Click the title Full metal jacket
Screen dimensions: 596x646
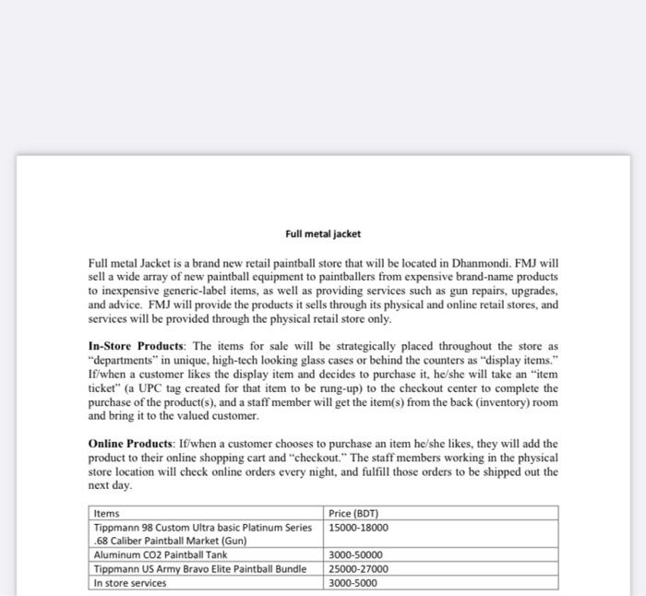322,233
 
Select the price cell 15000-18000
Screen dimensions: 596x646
358,527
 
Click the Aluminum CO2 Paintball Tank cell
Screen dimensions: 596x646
160,554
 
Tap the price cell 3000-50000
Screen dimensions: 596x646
355,554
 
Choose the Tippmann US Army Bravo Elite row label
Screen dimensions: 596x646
199,568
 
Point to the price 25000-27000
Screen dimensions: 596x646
358,568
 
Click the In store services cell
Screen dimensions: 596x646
129,582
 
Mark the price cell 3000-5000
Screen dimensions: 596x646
353,582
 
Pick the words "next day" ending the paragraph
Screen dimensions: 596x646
109,484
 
